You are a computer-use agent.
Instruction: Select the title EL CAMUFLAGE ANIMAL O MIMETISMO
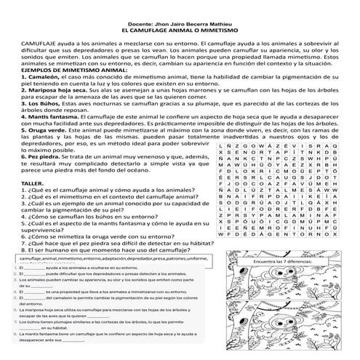click(x=179, y=32)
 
